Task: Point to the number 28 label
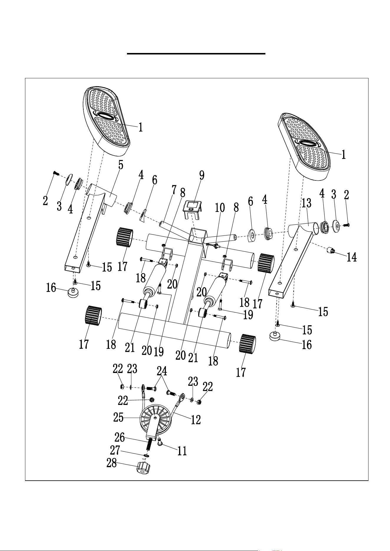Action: click(112, 464)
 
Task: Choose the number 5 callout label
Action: click(121, 165)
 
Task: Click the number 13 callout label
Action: click(306, 203)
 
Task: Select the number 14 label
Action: click(352, 257)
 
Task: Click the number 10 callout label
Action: click(220, 208)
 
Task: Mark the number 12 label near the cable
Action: click(196, 419)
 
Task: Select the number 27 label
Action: click(115, 450)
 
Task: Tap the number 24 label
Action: click(162, 371)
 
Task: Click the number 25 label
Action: click(118, 417)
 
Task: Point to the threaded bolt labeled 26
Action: click(149, 444)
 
